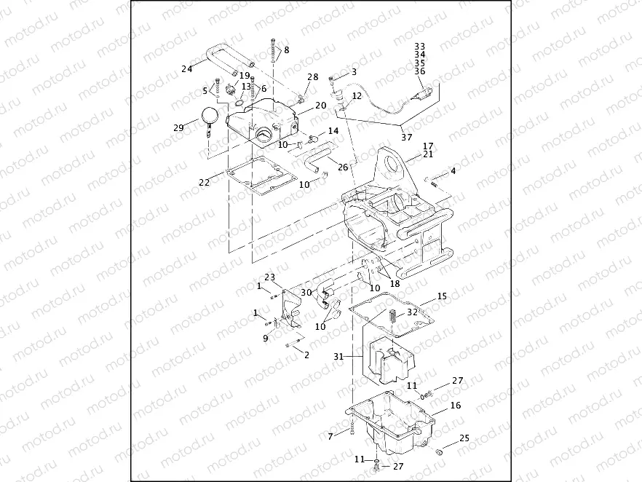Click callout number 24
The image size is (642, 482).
186,70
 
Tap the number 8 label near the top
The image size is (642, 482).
286,50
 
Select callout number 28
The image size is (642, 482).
312,76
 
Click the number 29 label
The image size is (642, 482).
178,127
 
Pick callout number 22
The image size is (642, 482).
205,183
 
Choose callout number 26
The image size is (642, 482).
343,167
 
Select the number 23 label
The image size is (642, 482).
269,277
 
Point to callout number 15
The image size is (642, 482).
441,297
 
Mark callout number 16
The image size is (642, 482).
455,405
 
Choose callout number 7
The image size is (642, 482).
330,435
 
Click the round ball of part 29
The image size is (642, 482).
210,114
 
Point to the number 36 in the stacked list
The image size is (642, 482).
419,71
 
